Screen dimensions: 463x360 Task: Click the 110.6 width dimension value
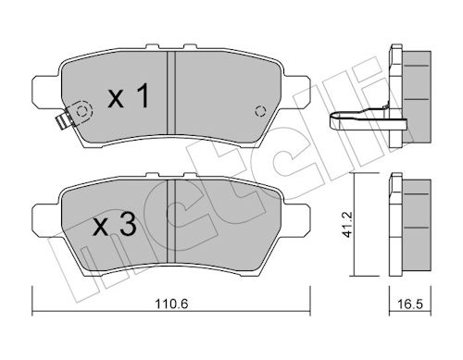coord(171,304)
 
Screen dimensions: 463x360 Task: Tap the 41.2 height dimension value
coord(348,224)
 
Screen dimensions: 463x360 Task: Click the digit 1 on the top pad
coord(142,96)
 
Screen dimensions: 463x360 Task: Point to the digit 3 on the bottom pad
coord(128,225)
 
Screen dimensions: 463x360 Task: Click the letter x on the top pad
coord(116,99)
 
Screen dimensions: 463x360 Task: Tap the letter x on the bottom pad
coord(101,228)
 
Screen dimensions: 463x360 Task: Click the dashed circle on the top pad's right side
coord(260,111)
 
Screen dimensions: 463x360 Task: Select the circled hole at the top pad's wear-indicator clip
coord(81,111)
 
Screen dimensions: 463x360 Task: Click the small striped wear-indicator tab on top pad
coord(62,121)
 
